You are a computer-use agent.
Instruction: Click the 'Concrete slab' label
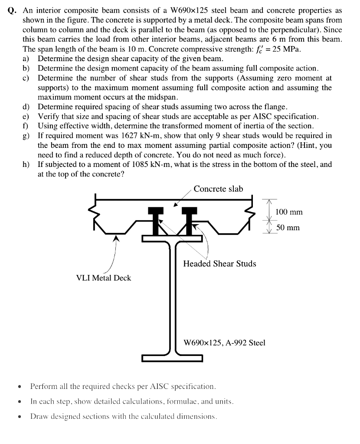click(218, 189)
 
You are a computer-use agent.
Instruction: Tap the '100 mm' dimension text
click(289, 212)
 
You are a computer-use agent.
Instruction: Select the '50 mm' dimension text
click(288, 228)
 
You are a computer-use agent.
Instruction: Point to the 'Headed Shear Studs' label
click(219, 264)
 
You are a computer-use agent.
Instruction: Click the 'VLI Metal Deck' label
click(103, 278)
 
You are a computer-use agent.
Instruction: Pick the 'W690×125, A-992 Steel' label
click(224, 343)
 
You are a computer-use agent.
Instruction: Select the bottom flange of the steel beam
click(172, 358)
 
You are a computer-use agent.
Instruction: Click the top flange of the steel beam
click(172, 238)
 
